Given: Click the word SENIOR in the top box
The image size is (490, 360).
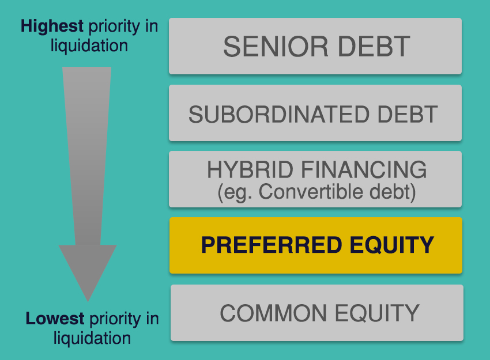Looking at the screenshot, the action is coord(276,47).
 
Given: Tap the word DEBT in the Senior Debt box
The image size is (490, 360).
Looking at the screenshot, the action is coord(374,47).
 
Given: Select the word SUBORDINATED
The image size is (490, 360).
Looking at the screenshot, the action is coord(278,114).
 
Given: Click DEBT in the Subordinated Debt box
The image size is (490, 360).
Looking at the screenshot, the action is coord(408,114).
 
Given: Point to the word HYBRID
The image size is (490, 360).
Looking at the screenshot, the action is coord(250,169).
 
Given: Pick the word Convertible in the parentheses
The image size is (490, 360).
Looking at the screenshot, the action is coord(311,191).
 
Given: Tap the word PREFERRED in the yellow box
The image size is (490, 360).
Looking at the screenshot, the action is coord(272,245).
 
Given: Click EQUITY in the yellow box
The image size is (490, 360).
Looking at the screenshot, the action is coord(392,245).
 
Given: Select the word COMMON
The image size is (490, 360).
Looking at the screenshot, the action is coord(273,313).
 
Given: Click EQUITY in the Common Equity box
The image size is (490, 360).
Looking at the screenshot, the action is coord(377,313).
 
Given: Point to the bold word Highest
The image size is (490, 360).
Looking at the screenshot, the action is coord(52,26).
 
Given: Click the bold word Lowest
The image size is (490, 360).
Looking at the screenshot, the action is coord(55,319).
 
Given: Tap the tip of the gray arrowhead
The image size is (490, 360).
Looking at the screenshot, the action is coord(88,301).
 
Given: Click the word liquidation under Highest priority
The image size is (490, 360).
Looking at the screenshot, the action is coord(89,46).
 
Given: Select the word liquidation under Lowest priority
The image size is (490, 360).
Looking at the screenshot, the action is coord(92,338).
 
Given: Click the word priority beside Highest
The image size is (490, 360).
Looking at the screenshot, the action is coord(114,27).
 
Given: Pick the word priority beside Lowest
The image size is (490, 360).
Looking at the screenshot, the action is coord(115,320).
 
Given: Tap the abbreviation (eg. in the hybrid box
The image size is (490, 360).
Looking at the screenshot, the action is coord(235,192).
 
